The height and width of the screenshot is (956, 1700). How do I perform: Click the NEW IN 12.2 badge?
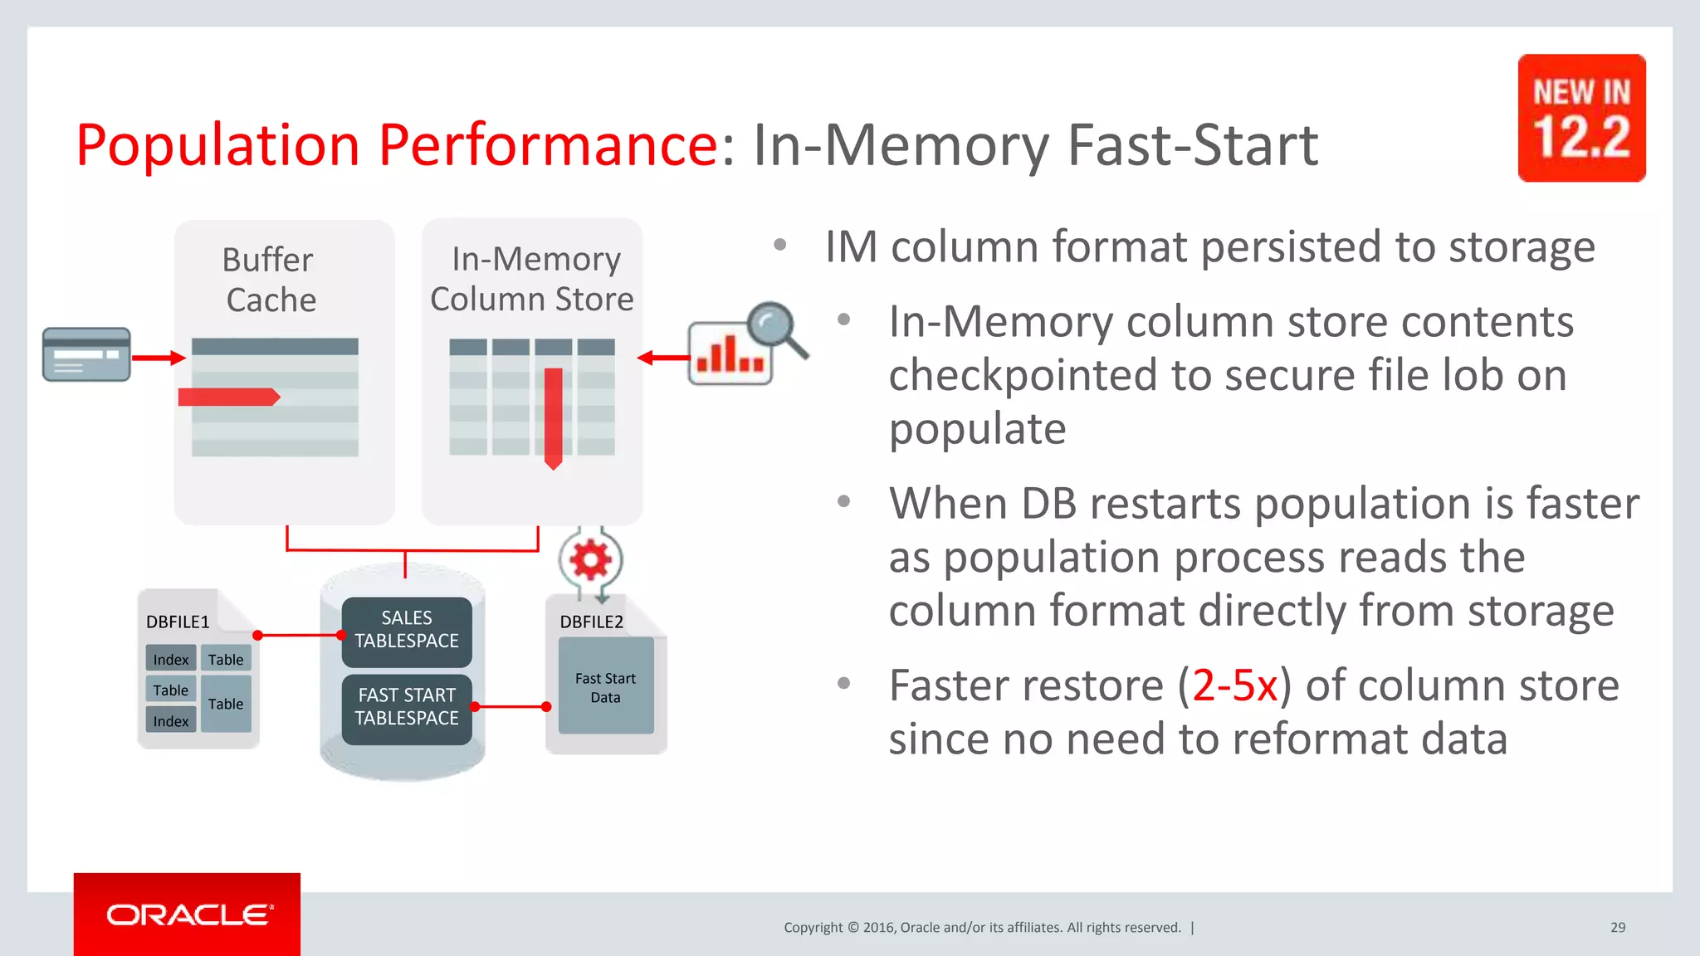click(x=1581, y=118)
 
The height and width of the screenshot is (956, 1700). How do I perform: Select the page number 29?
click(x=1618, y=928)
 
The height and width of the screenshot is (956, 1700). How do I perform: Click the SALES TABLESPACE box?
click(x=407, y=631)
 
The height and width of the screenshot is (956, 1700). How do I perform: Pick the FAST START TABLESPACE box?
click(x=407, y=708)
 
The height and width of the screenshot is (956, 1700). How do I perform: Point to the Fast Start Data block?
click(x=606, y=687)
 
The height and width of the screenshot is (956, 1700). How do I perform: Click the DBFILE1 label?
click(x=178, y=622)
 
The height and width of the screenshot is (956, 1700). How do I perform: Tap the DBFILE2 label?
click(x=591, y=622)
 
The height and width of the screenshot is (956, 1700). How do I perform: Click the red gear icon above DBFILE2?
click(x=590, y=560)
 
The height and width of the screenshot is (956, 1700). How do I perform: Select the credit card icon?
click(x=86, y=354)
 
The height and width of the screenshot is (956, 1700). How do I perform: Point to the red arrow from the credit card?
click(x=159, y=358)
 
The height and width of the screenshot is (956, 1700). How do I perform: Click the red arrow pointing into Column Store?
click(x=663, y=358)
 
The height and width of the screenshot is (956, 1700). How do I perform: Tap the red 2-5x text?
click(x=1234, y=685)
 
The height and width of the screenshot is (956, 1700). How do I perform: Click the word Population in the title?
click(x=217, y=145)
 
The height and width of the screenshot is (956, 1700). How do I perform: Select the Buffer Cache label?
click(x=270, y=280)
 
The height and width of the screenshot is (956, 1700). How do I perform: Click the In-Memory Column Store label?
click(x=532, y=279)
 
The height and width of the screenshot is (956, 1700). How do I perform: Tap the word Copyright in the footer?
click(x=813, y=928)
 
